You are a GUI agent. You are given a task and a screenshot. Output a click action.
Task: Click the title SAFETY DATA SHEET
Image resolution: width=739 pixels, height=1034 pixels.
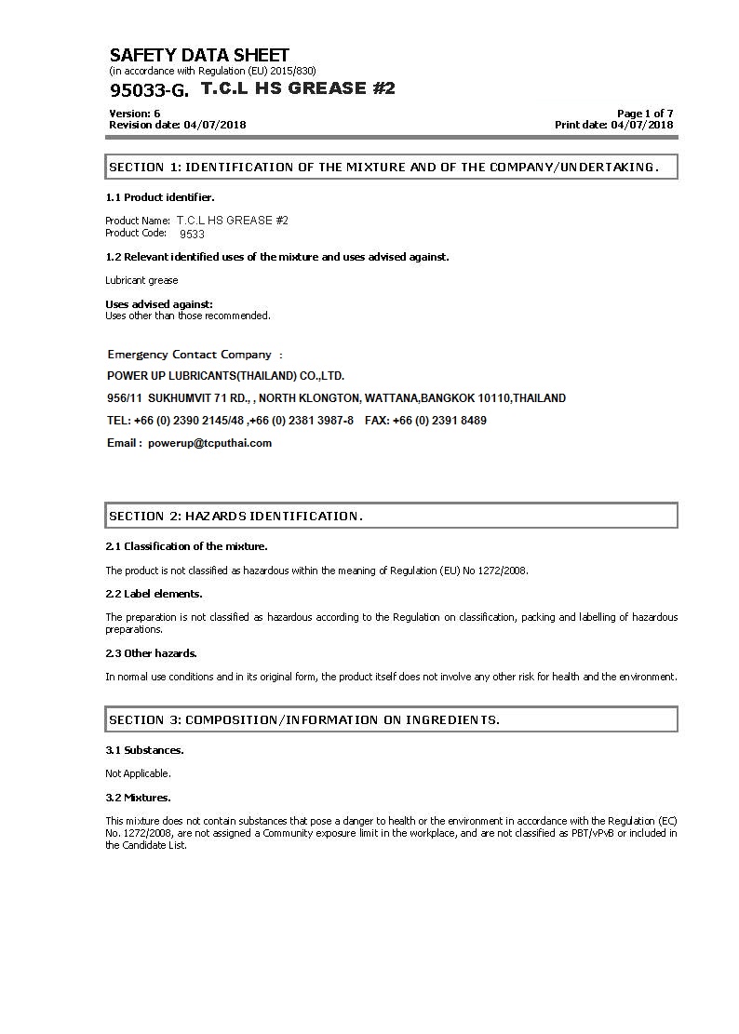pyautogui.click(x=199, y=55)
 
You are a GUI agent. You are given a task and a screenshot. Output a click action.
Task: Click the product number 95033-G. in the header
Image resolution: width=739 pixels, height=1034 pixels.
pyautogui.click(x=149, y=90)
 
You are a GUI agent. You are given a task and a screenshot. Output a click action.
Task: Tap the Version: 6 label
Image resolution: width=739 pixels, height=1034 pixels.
pyautogui.click(x=135, y=114)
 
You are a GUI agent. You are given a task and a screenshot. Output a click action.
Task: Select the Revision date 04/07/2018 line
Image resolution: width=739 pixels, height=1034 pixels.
pyautogui.click(x=178, y=125)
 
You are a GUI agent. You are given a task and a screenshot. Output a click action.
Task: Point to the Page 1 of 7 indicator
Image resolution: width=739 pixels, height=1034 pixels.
pyautogui.click(x=645, y=114)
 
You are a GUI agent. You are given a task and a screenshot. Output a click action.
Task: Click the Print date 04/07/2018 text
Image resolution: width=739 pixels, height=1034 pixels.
pyautogui.click(x=614, y=125)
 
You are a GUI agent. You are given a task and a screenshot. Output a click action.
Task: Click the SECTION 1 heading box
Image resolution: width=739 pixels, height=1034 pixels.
pyautogui.click(x=391, y=168)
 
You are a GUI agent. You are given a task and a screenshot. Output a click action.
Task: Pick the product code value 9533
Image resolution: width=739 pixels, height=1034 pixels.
pyautogui.click(x=192, y=235)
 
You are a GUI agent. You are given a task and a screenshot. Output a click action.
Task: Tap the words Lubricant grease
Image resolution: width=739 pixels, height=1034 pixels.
pyautogui.click(x=141, y=280)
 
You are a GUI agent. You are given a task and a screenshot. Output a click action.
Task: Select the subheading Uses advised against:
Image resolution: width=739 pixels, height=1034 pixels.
pyautogui.click(x=159, y=304)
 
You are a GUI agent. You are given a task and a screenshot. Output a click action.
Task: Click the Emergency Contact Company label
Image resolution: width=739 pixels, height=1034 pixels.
pyautogui.click(x=190, y=355)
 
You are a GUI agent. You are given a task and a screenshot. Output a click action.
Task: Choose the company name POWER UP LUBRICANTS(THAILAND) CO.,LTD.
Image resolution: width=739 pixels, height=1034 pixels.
pyautogui.click(x=226, y=376)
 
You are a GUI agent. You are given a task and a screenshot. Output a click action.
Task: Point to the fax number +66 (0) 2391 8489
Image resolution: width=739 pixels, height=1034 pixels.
pyautogui.click(x=439, y=421)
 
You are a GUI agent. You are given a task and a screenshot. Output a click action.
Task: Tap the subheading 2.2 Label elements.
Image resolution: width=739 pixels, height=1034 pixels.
pyautogui.click(x=154, y=594)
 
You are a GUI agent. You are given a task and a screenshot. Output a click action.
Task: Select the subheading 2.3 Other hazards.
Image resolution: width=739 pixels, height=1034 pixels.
pyautogui.click(x=152, y=653)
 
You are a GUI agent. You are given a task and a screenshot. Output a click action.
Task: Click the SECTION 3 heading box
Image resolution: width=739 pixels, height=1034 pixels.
pyautogui.click(x=391, y=719)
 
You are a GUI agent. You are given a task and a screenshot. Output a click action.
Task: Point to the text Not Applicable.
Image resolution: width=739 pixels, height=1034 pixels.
pyautogui.click(x=139, y=773)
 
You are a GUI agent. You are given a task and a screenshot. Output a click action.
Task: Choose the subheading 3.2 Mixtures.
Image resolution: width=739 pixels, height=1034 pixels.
pyautogui.click(x=139, y=798)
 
